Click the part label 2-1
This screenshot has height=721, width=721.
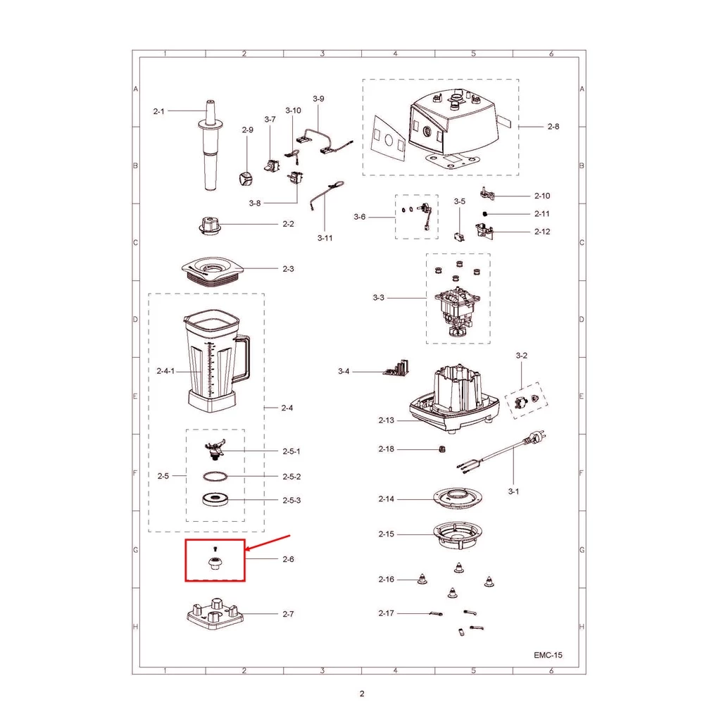(x=158, y=111)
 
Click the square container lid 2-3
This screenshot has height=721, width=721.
(x=211, y=272)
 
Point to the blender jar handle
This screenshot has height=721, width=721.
(x=243, y=358)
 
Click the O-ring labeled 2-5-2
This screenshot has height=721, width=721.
(x=215, y=477)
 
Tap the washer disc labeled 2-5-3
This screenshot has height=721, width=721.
(x=215, y=499)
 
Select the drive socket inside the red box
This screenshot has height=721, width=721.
(x=215, y=563)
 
